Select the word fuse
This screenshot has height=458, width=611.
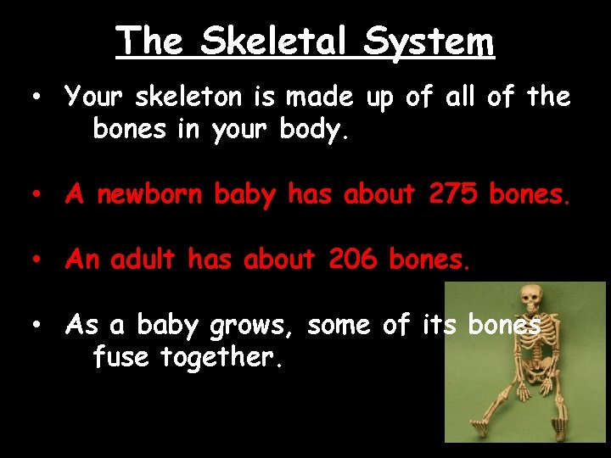(119, 357)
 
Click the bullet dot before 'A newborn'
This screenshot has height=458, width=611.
(37, 195)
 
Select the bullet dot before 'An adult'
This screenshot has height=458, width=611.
(37, 260)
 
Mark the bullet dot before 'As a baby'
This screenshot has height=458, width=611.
(37, 325)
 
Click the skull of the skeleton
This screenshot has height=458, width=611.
(530, 299)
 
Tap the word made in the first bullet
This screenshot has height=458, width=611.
(322, 98)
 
